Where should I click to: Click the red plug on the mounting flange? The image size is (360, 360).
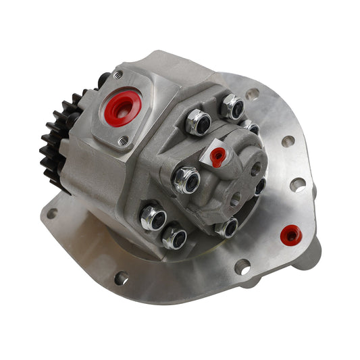coord(292,234)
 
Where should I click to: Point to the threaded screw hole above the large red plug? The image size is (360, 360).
coord(118,74)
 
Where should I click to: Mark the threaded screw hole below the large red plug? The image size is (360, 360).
coord(123,140)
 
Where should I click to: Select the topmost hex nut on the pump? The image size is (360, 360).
coord(232,106)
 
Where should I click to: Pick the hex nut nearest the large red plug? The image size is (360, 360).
coord(198,122)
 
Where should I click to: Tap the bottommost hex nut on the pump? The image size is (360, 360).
coord(174,236)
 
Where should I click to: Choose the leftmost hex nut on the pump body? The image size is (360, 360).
coord(153,217)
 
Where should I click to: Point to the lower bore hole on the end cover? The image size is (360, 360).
coord(234,199)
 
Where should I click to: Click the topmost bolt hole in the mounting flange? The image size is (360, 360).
coord(252,94)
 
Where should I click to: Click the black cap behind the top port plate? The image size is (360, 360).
coord(103,80)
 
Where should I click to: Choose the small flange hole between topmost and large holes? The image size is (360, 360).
coord(288,141)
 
